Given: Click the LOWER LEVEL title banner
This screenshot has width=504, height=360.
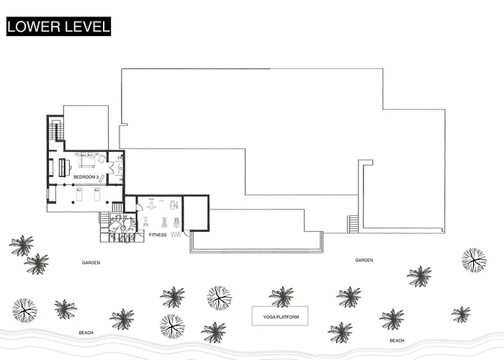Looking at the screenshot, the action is [58, 27].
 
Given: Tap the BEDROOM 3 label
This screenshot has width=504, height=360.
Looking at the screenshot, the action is [86, 177].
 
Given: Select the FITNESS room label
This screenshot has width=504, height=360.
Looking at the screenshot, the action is [158, 235].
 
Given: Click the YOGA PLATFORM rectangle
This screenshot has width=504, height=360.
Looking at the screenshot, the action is [279, 316].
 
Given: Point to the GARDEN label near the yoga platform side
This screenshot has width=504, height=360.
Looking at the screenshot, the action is [364, 260].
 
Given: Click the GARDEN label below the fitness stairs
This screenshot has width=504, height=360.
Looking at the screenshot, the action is [91, 263].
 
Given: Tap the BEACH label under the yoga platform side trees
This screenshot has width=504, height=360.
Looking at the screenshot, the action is [397, 341].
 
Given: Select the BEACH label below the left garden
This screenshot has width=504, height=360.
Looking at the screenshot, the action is [86, 333].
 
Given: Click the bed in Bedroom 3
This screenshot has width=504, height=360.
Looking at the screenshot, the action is [87, 160].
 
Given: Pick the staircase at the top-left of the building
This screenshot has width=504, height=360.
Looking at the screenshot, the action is [56, 130].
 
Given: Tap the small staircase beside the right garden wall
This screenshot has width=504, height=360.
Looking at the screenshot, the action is [353, 224].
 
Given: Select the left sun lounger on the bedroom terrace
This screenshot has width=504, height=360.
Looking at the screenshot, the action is [79, 194].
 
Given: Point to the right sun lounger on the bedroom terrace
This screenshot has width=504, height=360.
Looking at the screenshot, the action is [96, 194].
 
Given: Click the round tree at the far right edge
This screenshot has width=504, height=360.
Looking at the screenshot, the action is [474, 260].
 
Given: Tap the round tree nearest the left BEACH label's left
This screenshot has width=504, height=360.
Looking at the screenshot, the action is [24, 310].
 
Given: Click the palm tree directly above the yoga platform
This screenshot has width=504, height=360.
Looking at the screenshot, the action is [282, 297].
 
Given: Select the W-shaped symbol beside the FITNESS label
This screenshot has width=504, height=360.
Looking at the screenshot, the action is [176, 235].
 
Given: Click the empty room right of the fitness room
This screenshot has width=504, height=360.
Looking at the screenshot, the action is [196, 213].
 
